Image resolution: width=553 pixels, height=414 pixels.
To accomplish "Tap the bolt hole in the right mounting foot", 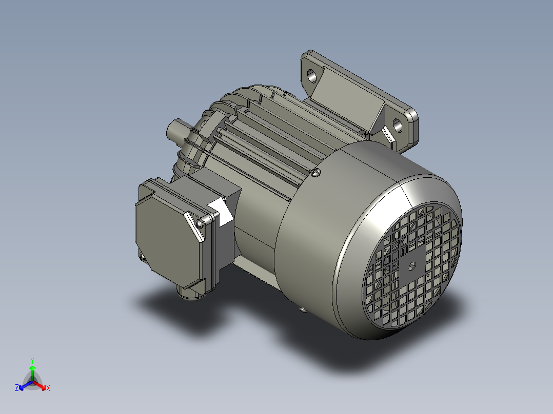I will pyautogui.click(x=398, y=124).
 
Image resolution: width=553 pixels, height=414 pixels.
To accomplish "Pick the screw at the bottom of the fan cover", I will pyautogui.click(x=303, y=309).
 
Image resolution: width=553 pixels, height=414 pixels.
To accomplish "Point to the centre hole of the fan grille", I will pyautogui.click(x=412, y=266).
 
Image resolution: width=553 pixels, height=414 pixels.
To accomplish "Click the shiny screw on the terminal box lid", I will pyautogui.click(x=199, y=223).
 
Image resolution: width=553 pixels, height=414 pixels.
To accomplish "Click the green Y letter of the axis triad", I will pyautogui.click(x=32, y=360).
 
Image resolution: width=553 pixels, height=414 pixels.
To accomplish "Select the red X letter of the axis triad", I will pyautogui.click(x=48, y=388).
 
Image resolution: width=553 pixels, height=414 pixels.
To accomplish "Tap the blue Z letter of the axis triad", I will pyautogui.click(x=17, y=388).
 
